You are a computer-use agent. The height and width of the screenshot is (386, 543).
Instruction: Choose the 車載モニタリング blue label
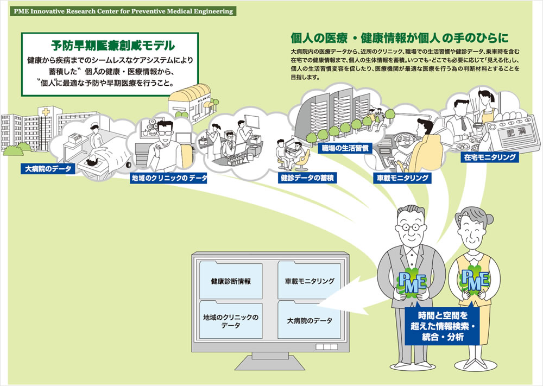(x=402, y=178)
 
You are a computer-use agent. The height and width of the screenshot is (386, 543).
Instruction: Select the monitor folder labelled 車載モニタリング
(x=309, y=282)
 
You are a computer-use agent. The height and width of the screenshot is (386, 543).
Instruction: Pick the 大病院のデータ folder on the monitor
(x=309, y=321)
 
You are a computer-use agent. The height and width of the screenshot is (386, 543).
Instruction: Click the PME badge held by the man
(x=411, y=283)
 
